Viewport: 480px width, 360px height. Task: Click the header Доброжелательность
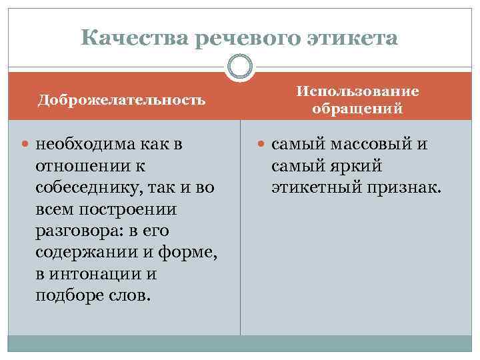[121, 100]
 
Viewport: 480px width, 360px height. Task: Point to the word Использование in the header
[357, 91]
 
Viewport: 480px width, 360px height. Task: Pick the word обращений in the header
[357, 109]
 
